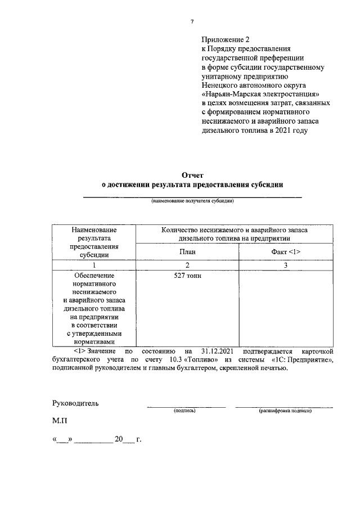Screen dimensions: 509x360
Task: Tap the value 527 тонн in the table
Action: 188,276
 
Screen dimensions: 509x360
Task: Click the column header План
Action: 187,251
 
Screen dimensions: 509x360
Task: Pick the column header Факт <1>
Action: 286,251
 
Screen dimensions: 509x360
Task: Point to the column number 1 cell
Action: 94,265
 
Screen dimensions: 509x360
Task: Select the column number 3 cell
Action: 286,265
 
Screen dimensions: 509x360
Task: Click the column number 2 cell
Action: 187,265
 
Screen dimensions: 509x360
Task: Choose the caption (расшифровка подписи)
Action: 285,411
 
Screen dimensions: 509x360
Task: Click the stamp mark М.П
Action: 60,420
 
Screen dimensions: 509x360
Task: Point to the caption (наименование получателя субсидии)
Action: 192,201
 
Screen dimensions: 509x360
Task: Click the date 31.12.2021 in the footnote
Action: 216,351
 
